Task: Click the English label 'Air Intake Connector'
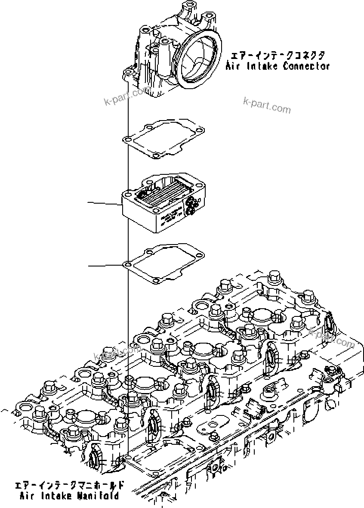point(278,66)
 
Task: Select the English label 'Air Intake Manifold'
point(69,496)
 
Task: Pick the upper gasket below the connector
point(163,138)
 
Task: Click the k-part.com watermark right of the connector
point(267,105)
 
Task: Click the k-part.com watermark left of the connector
point(127,96)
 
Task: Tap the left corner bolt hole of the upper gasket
point(126,139)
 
